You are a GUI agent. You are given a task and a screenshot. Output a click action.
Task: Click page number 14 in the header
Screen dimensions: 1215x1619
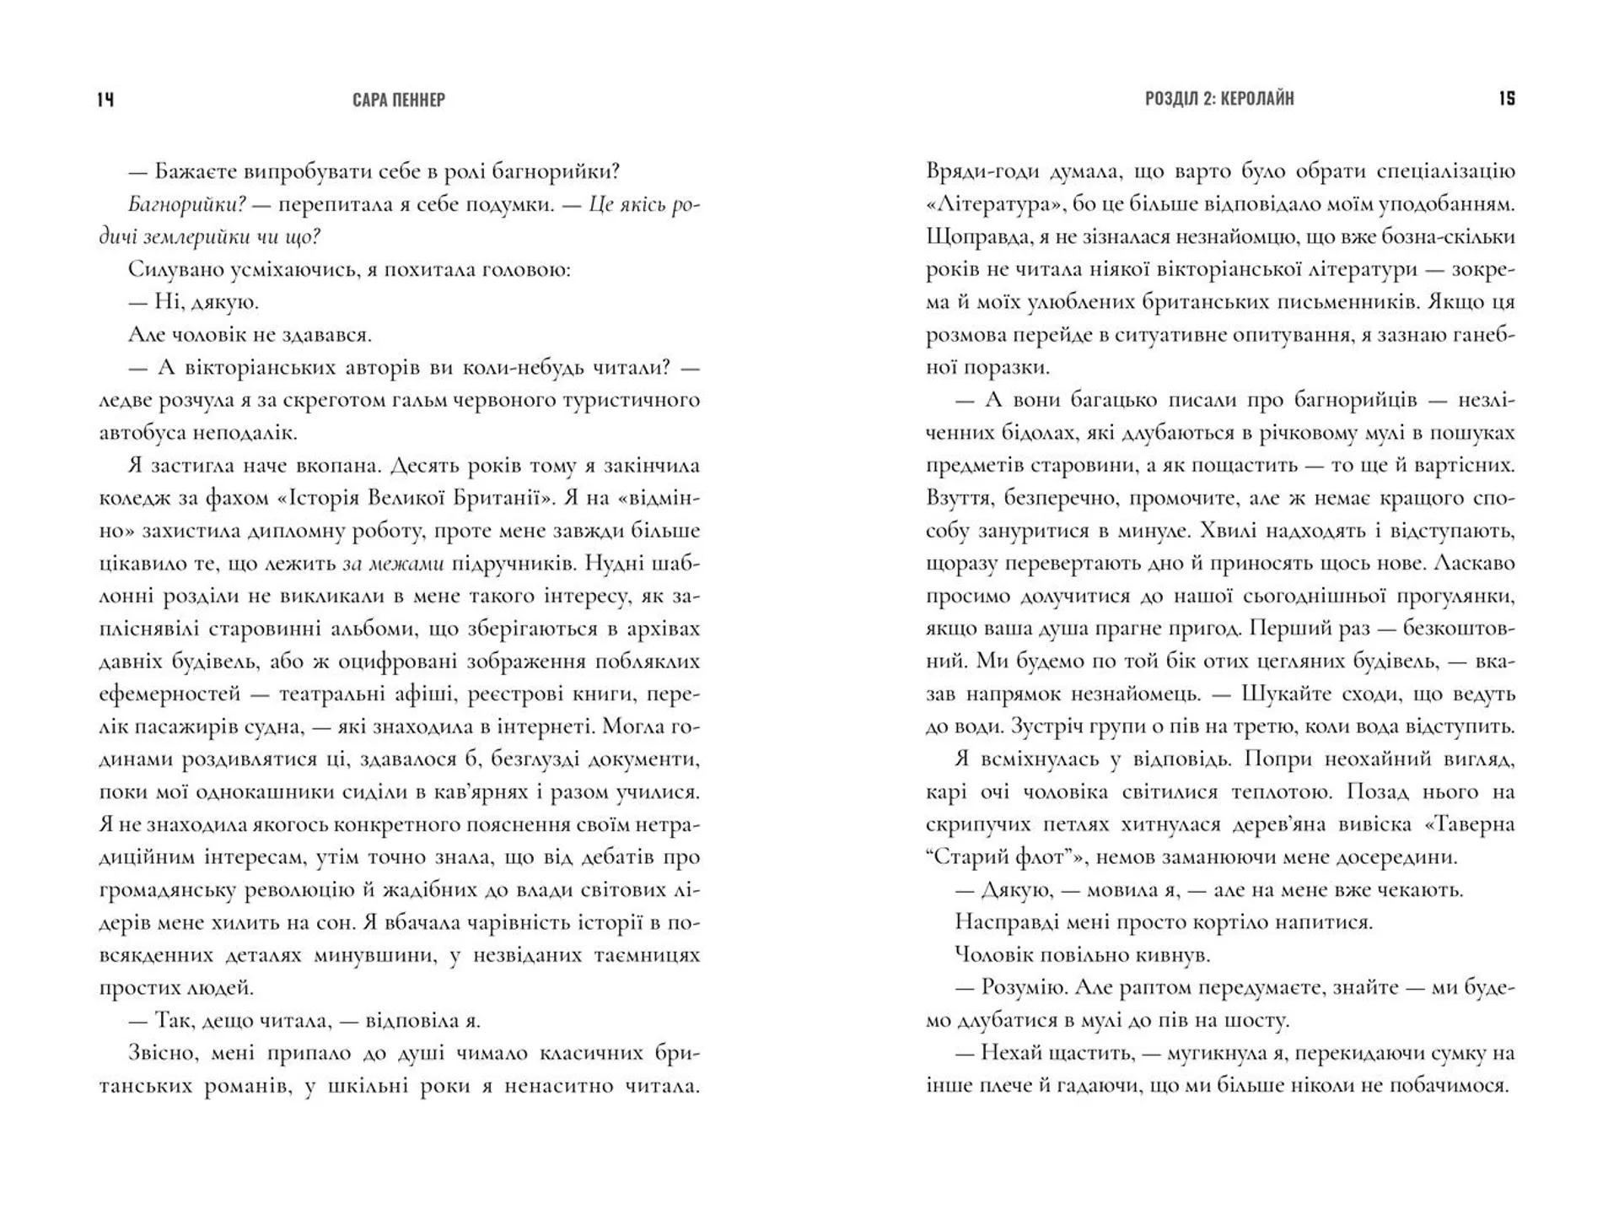point(105,100)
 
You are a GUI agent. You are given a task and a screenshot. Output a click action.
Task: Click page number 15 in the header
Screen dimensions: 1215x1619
point(1507,99)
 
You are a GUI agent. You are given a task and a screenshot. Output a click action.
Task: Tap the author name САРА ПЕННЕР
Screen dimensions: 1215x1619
point(399,100)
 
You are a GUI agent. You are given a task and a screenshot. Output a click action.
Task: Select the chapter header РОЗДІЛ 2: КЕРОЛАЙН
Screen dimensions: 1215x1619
point(1219,99)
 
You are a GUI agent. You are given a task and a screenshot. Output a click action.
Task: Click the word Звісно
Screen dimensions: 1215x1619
point(162,1053)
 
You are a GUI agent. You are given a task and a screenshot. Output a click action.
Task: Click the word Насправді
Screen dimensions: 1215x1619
point(1003,922)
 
